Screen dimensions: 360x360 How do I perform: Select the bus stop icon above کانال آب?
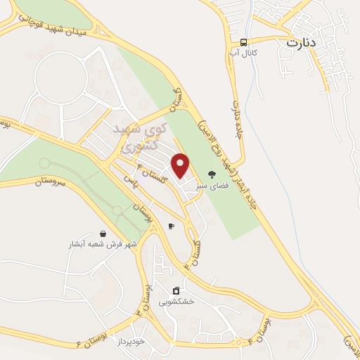243,41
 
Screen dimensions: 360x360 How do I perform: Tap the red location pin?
181,165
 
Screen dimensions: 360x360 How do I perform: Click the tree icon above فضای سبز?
212,174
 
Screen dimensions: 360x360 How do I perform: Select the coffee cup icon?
171,226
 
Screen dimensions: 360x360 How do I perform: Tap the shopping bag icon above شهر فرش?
103,233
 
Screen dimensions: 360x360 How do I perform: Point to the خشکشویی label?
176,302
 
